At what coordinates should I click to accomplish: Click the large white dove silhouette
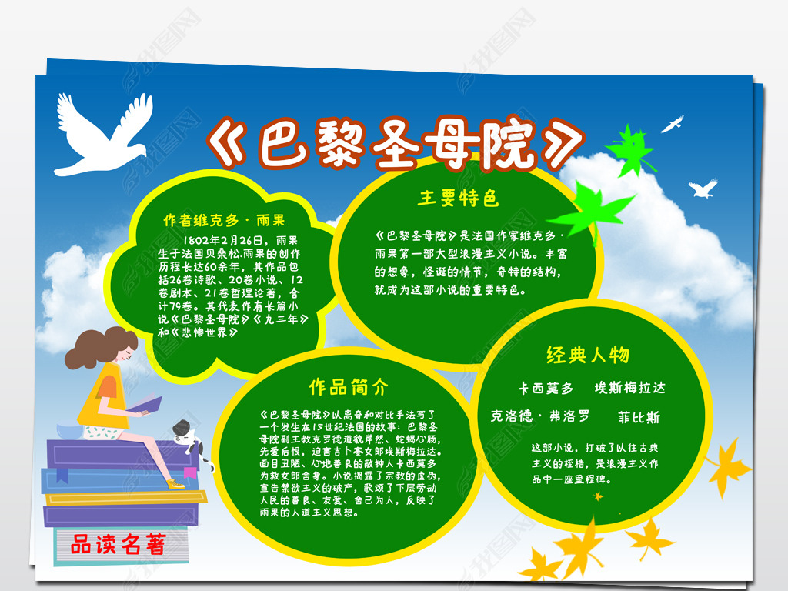click(96, 135)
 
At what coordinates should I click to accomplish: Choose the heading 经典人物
click(588, 355)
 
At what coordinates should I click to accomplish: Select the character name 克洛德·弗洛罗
click(540, 416)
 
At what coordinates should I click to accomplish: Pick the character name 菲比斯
click(639, 418)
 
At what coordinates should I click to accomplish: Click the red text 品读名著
click(118, 546)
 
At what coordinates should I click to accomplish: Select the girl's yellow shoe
click(175, 484)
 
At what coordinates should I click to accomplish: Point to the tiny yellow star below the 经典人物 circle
click(597, 496)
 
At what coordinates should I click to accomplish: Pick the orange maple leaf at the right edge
click(727, 466)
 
